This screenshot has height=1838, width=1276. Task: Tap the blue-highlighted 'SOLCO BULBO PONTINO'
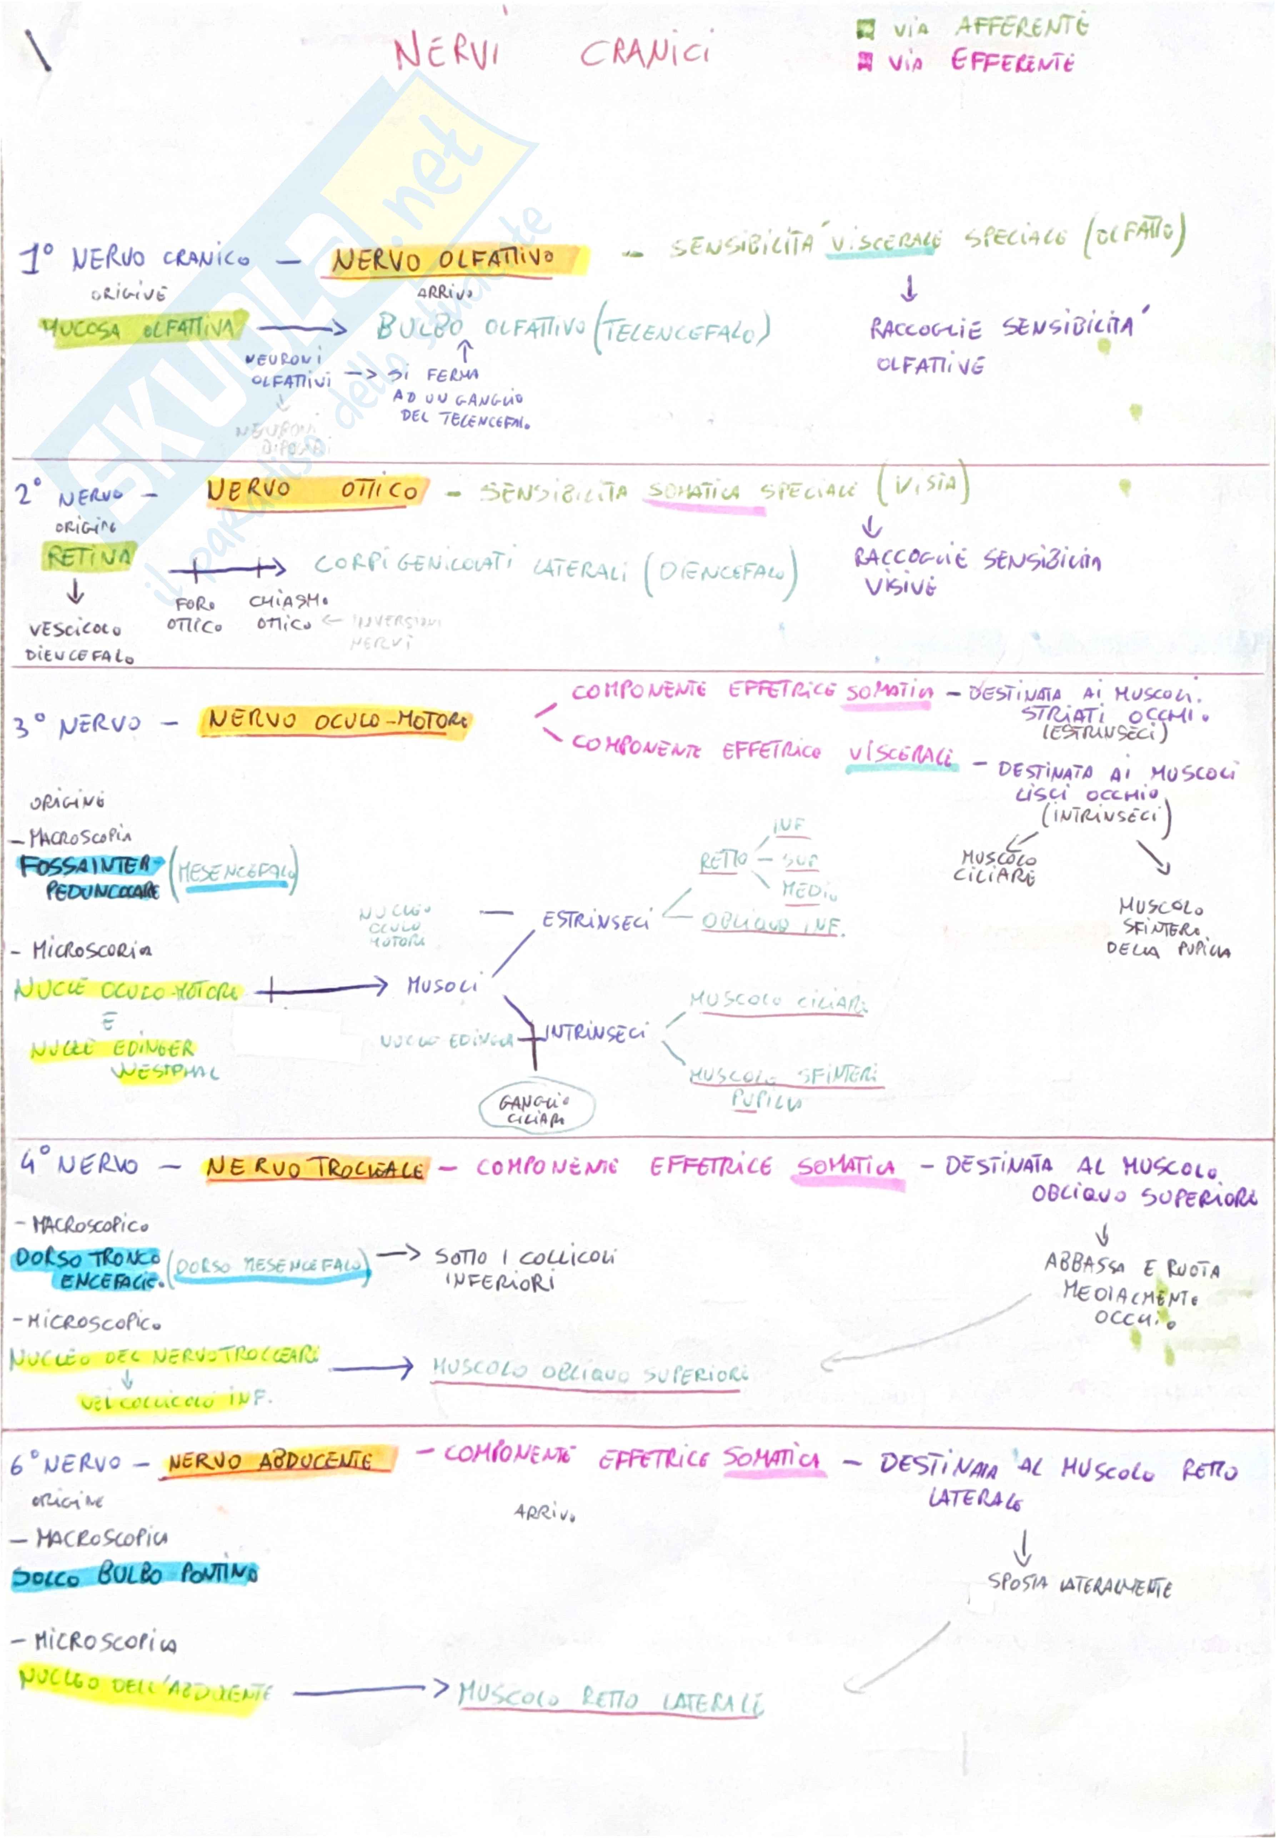coord(134,1575)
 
